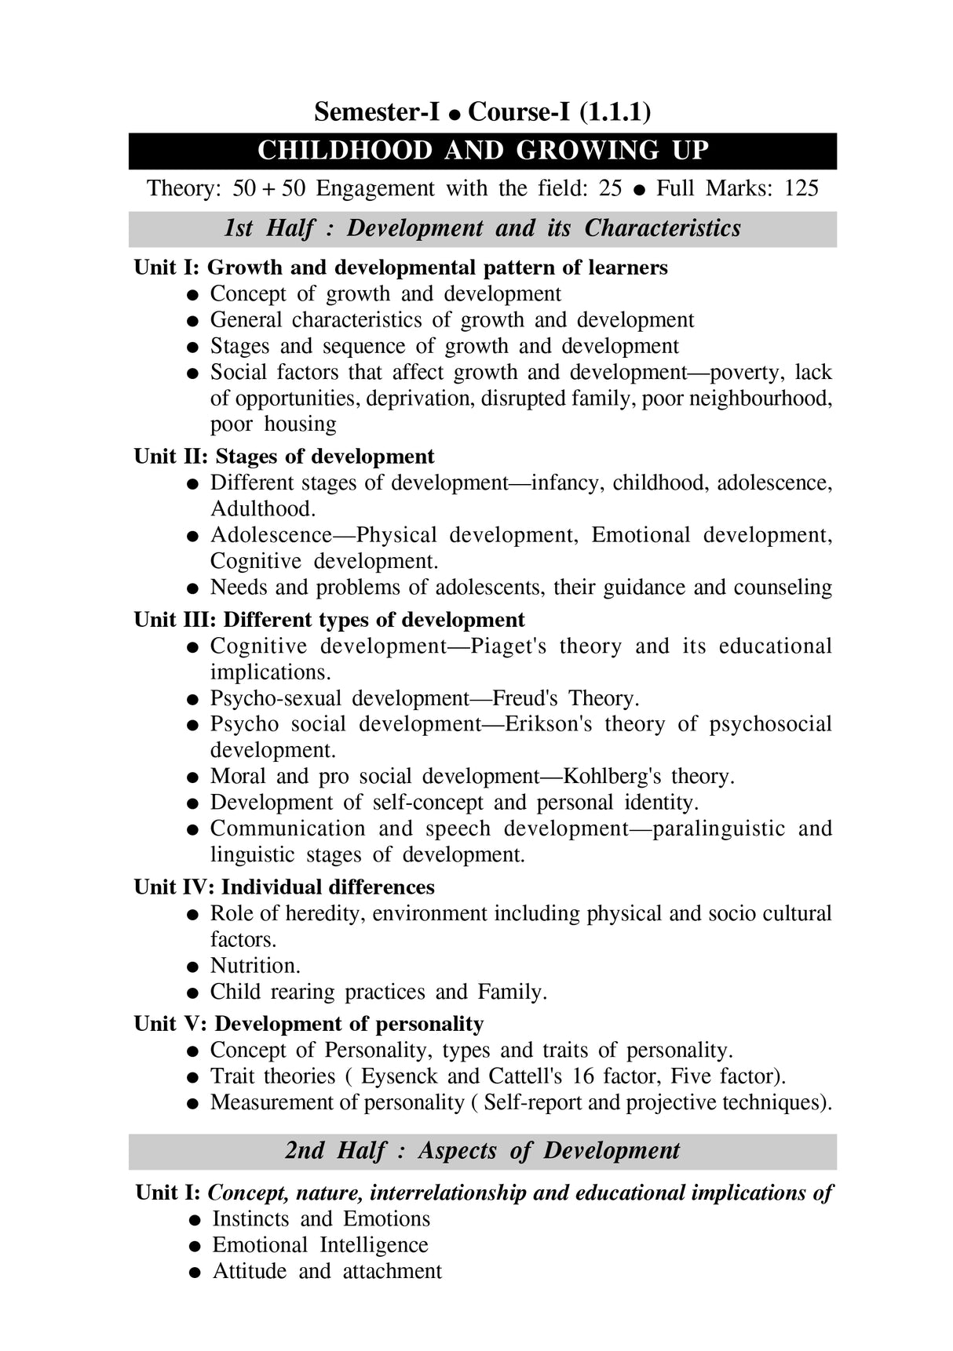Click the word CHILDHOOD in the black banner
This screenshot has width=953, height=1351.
[345, 151]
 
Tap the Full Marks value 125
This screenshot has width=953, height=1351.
[801, 188]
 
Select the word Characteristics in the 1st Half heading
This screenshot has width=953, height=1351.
[663, 228]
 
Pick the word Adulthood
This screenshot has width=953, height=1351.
[262, 508]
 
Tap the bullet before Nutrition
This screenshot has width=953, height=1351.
[192, 967]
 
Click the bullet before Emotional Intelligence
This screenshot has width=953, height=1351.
[195, 1246]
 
